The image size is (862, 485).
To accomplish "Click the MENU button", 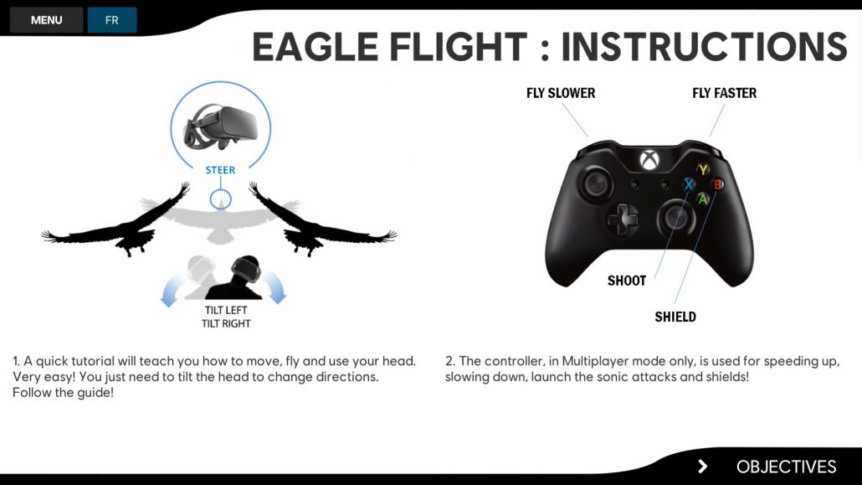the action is pyautogui.click(x=46, y=20).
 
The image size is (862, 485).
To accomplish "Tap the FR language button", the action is pyautogui.click(x=111, y=20).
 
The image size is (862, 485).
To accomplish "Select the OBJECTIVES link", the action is pyautogui.click(x=786, y=467).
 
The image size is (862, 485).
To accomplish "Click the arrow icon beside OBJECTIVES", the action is pyautogui.click(x=703, y=467).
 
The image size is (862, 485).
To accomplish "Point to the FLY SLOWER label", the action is pyautogui.click(x=561, y=93).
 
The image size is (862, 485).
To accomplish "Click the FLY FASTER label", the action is pyautogui.click(x=724, y=93).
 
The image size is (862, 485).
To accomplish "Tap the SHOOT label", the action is pyautogui.click(x=627, y=281).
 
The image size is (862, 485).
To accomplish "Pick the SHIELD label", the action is pyautogui.click(x=675, y=317).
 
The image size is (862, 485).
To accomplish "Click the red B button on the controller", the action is pyautogui.click(x=717, y=184).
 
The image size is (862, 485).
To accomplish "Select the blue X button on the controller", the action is pyautogui.click(x=689, y=184).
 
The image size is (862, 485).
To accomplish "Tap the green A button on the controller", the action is pyautogui.click(x=703, y=199).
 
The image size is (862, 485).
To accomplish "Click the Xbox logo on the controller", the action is pyautogui.click(x=649, y=160).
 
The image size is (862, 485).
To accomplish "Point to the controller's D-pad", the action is pyautogui.click(x=623, y=219).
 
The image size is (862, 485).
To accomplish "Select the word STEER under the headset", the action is pyautogui.click(x=220, y=170).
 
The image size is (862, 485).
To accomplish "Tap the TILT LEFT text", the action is pyautogui.click(x=226, y=311).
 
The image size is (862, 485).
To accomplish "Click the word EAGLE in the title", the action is pyautogui.click(x=315, y=47).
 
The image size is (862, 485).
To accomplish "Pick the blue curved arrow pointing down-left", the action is pyautogui.click(x=171, y=291).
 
